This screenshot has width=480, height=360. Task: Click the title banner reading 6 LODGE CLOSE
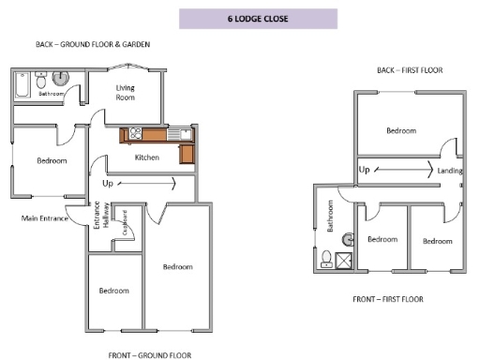pyautogui.click(x=257, y=18)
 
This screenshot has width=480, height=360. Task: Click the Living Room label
pyautogui.click(x=126, y=92)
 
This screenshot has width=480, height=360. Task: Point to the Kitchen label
pyautogui.click(x=146, y=157)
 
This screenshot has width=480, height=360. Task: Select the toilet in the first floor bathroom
pyautogui.click(x=326, y=258)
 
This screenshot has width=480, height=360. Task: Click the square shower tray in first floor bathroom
pyautogui.click(x=345, y=262)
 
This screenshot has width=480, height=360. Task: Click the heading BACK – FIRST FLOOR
pyautogui.click(x=409, y=70)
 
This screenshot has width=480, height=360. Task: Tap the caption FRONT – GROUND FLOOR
pyautogui.click(x=150, y=355)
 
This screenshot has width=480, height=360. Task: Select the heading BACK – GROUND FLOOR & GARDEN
pyautogui.click(x=93, y=44)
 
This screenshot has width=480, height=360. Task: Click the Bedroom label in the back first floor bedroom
pyautogui.click(x=401, y=130)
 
